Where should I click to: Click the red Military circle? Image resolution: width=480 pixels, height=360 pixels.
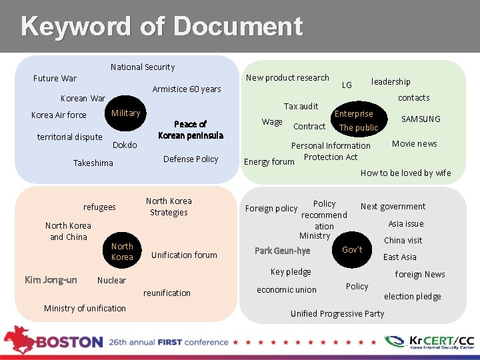point(126,113)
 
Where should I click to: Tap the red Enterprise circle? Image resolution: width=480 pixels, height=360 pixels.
point(354,114)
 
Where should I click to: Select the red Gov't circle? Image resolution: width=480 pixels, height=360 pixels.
point(352,249)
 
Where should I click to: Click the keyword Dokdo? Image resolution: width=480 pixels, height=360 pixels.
point(125,145)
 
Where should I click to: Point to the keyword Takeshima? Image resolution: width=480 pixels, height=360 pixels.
point(93,163)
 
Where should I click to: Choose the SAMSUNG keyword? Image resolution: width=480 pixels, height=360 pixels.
point(421,119)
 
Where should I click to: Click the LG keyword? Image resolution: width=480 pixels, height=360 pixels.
point(347,85)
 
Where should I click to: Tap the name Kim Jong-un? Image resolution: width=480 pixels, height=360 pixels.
point(51,280)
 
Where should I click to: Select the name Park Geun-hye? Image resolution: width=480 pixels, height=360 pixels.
point(282,251)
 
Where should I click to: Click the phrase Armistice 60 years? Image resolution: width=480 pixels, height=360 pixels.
point(187,89)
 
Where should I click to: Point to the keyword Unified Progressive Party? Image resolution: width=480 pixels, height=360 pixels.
point(337,313)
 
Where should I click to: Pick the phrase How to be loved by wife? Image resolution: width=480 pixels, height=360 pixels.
point(405,173)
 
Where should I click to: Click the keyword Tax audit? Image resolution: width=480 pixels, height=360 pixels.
point(301,106)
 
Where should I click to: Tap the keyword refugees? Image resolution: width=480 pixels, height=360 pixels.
point(99,207)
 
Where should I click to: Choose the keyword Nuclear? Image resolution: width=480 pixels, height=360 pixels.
point(111,280)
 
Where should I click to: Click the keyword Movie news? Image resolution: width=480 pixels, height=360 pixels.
point(415,143)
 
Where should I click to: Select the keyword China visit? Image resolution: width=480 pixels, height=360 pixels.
point(403,240)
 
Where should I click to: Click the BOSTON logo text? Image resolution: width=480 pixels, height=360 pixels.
point(69,341)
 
